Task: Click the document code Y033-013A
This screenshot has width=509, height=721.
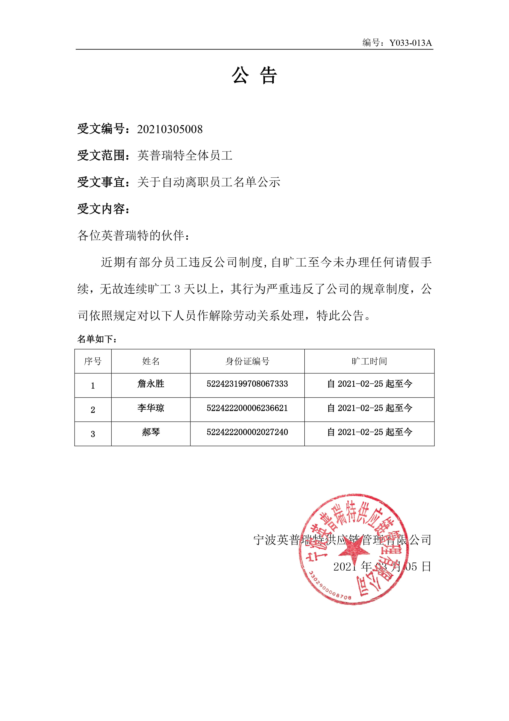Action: point(410,43)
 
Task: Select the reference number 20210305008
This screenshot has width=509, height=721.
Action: point(170,129)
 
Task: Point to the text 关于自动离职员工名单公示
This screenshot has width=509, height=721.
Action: point(209,182)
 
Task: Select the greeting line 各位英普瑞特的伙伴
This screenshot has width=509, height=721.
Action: point(133,236)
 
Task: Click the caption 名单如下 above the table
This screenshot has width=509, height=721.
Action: point(97,339)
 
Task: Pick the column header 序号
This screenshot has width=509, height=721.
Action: point(93,362)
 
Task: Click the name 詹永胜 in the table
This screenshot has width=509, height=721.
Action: point(151,384)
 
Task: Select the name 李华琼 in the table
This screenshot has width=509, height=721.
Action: point(151,408)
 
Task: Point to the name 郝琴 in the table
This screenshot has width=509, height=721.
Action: point(151,432)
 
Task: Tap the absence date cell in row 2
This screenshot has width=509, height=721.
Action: point(369,408)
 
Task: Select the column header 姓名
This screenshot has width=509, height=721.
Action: point(151,362)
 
